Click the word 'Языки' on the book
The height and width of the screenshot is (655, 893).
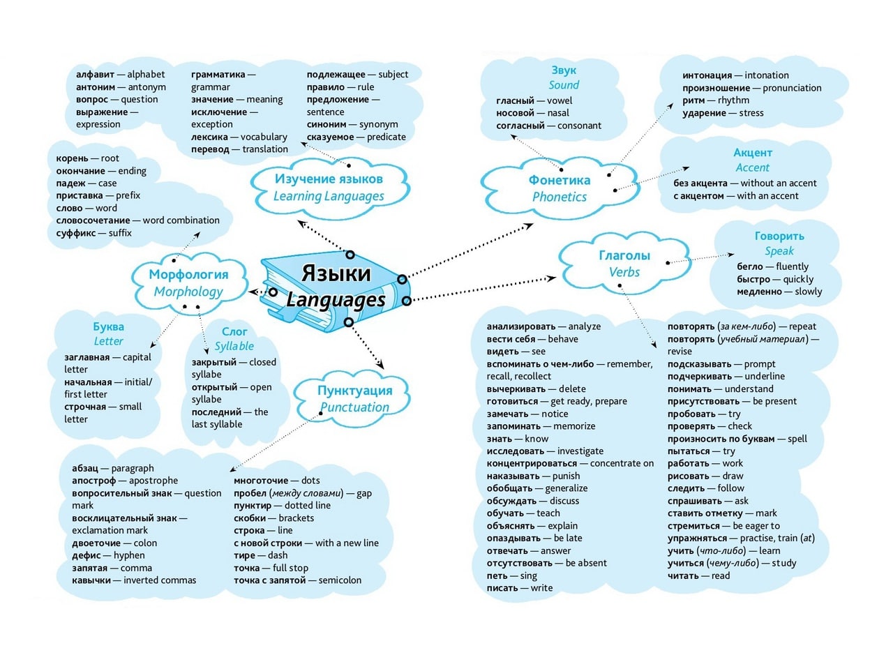tap(336, 274)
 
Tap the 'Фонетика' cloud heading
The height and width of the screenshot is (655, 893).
tap(560, 180)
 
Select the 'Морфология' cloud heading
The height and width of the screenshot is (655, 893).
tap(188, 275)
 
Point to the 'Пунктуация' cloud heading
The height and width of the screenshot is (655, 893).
tap(355, 391)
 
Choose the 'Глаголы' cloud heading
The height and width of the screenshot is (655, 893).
tap(624, 255)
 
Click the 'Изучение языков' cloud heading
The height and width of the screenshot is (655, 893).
tap(329, 179)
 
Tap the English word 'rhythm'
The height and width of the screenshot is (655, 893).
tap(733, 100)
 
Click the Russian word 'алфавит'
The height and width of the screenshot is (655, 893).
tap(96, 75)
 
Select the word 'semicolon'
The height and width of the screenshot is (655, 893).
tap(340, 580)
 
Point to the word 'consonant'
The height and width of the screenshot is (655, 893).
tap(579, 126)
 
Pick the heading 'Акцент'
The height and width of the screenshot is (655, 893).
tap(753, 153)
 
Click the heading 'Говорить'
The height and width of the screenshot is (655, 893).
tap(779, 236)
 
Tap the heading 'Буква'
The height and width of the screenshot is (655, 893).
tap(108, 327)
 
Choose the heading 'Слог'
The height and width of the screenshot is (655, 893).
tap(234, 332)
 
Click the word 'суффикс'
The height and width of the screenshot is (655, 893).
tap(76, 233)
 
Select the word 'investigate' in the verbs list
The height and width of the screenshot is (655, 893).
tap(580, 451)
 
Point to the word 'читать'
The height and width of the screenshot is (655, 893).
tap(682, 576)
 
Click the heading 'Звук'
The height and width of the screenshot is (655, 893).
tap(564, 70)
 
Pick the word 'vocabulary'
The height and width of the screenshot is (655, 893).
tap(264, 137)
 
